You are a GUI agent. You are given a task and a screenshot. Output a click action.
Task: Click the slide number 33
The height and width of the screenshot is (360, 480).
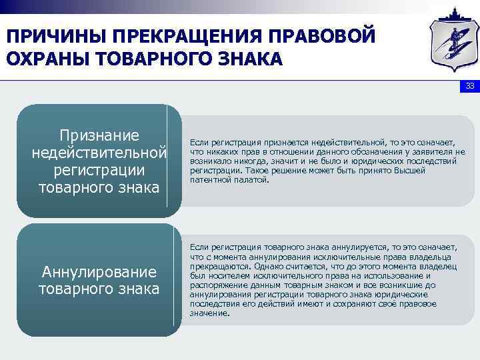pos(469,87)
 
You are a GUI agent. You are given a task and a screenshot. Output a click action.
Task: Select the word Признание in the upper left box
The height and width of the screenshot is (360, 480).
pos(99,136)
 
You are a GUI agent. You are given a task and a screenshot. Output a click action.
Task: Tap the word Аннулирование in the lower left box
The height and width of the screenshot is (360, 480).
pos(99,272)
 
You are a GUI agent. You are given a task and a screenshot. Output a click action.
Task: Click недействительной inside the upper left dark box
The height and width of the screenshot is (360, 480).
pos(99,153)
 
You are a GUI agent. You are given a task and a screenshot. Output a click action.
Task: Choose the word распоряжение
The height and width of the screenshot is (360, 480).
pos(217,285)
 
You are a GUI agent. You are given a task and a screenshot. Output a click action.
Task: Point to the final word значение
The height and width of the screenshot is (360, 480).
pos(209,313)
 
